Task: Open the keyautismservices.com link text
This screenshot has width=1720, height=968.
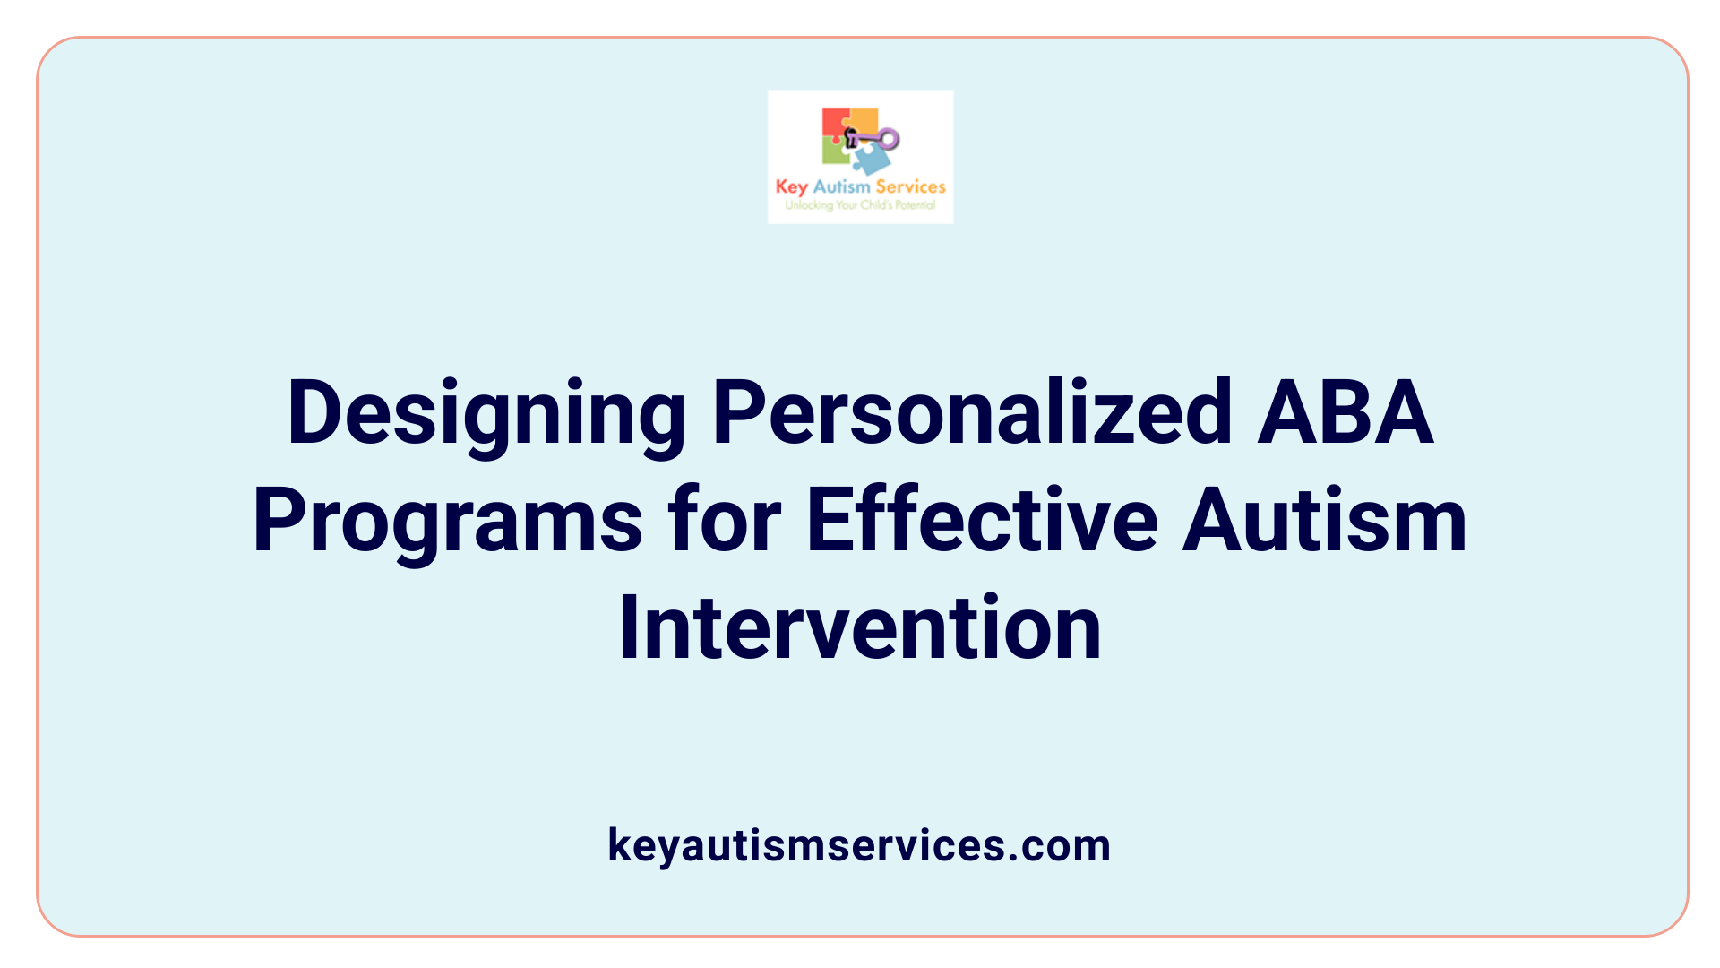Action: click(x=859, y=845)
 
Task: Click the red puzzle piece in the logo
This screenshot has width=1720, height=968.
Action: click(x=834, y=122)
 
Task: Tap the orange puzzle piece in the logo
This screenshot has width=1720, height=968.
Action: click(x=864, y=120)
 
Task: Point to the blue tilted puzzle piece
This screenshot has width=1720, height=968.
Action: click(x=871, y=160)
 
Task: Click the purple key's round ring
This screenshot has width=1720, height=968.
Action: click(x=889, y=138)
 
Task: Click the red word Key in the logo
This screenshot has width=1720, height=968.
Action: click(x=792, y=186)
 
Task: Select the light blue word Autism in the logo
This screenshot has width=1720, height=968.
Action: click(x=841, y=186)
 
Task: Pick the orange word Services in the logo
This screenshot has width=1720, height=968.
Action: click(x=910, y=186)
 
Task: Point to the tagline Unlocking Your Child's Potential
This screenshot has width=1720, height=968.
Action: click(x=860, y=205)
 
